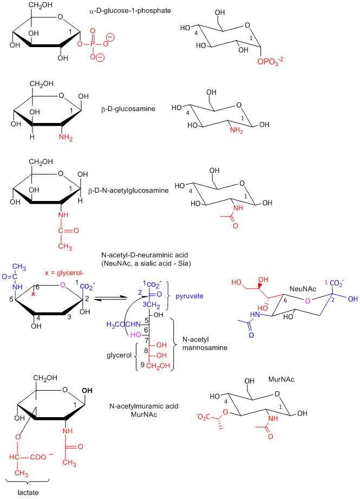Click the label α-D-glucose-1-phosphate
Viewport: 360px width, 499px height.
click(122, 10)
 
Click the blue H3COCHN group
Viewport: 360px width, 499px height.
click(123, 325)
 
